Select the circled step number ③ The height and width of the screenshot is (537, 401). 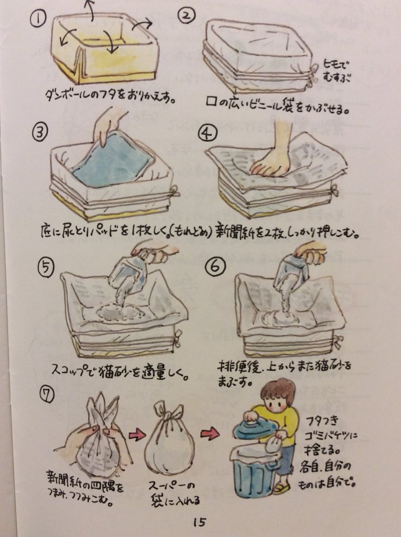(x=40, y=132)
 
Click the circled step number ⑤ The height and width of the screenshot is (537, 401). (x=46, y=267)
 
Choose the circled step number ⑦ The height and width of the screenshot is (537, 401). (x=47, y=395)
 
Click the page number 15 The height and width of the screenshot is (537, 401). (x=199, y=522)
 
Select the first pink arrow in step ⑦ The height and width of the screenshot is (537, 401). (x=137, y=436)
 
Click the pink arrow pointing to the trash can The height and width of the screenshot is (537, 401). (x=210, y=434)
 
